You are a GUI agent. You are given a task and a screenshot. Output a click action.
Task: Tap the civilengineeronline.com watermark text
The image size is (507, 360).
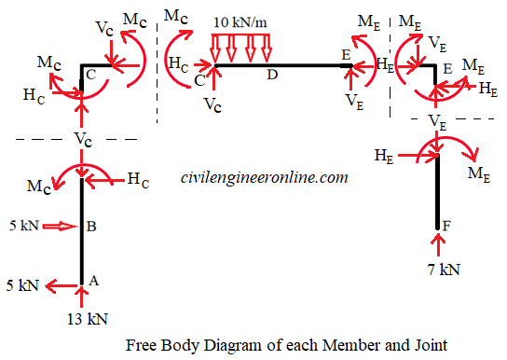pyautogui.click(x=264, y=176)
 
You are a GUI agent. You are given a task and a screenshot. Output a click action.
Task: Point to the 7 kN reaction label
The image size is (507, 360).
pyautogui.click(x=437, y=270)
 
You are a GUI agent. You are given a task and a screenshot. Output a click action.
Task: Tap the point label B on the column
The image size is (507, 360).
pyautogui.click(x=92, y=226)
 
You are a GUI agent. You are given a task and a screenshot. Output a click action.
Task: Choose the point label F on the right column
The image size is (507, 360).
pyautogui.click(x=448, y=227)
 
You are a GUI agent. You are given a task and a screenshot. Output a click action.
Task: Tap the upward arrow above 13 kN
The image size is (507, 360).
pyautogui.click(x=82, y=297)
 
